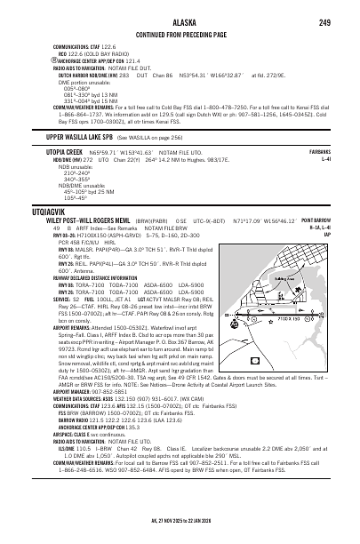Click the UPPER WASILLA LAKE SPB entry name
point(85,136)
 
